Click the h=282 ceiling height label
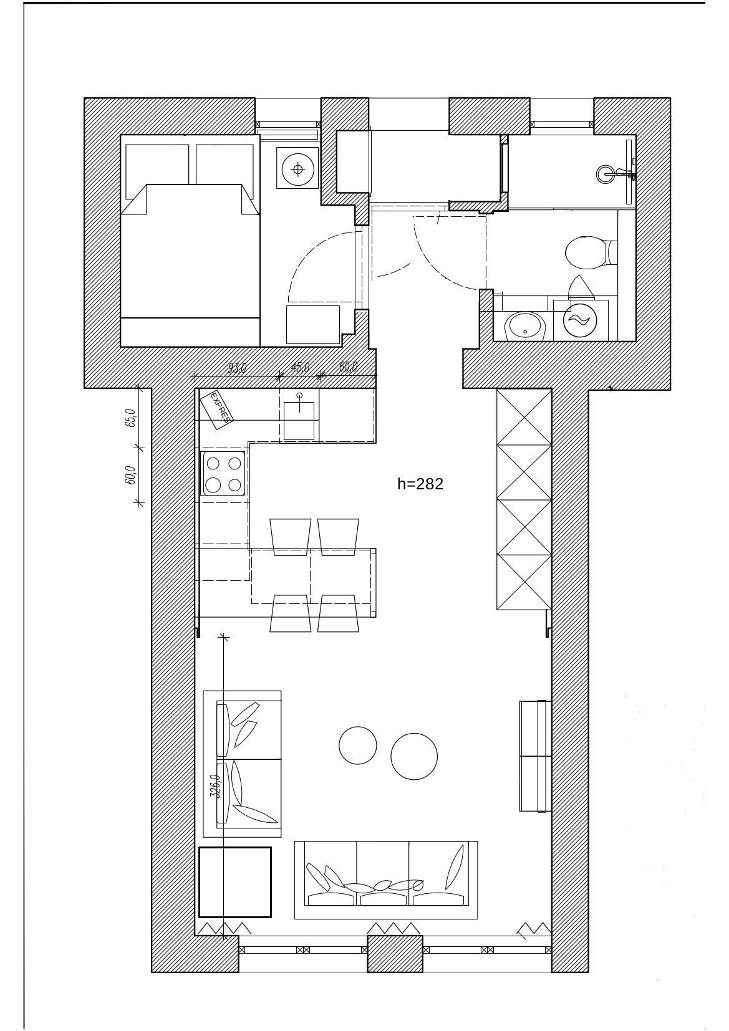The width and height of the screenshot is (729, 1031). coord(420,484)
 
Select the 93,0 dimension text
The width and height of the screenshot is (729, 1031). coord(238,368)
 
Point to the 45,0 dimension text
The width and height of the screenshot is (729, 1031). coord(300,368)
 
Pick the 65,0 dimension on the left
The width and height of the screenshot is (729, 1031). coord(130,418)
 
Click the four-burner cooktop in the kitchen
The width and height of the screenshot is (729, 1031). coord(223,474)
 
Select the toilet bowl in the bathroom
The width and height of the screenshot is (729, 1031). coord(591,252)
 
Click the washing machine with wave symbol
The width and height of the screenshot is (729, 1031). coord(581,320)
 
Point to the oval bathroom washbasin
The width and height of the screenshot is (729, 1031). coord(525,327)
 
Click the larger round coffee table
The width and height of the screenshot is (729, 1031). coord(414,756)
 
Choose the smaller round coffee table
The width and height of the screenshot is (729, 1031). coord(358,745)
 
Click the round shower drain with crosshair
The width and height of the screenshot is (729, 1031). coord(297,170)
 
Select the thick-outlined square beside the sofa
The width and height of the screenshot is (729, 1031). coord(235,882)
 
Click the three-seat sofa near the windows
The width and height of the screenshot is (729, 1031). coord(386,880)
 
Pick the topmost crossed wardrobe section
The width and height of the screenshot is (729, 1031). coord(524,417)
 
